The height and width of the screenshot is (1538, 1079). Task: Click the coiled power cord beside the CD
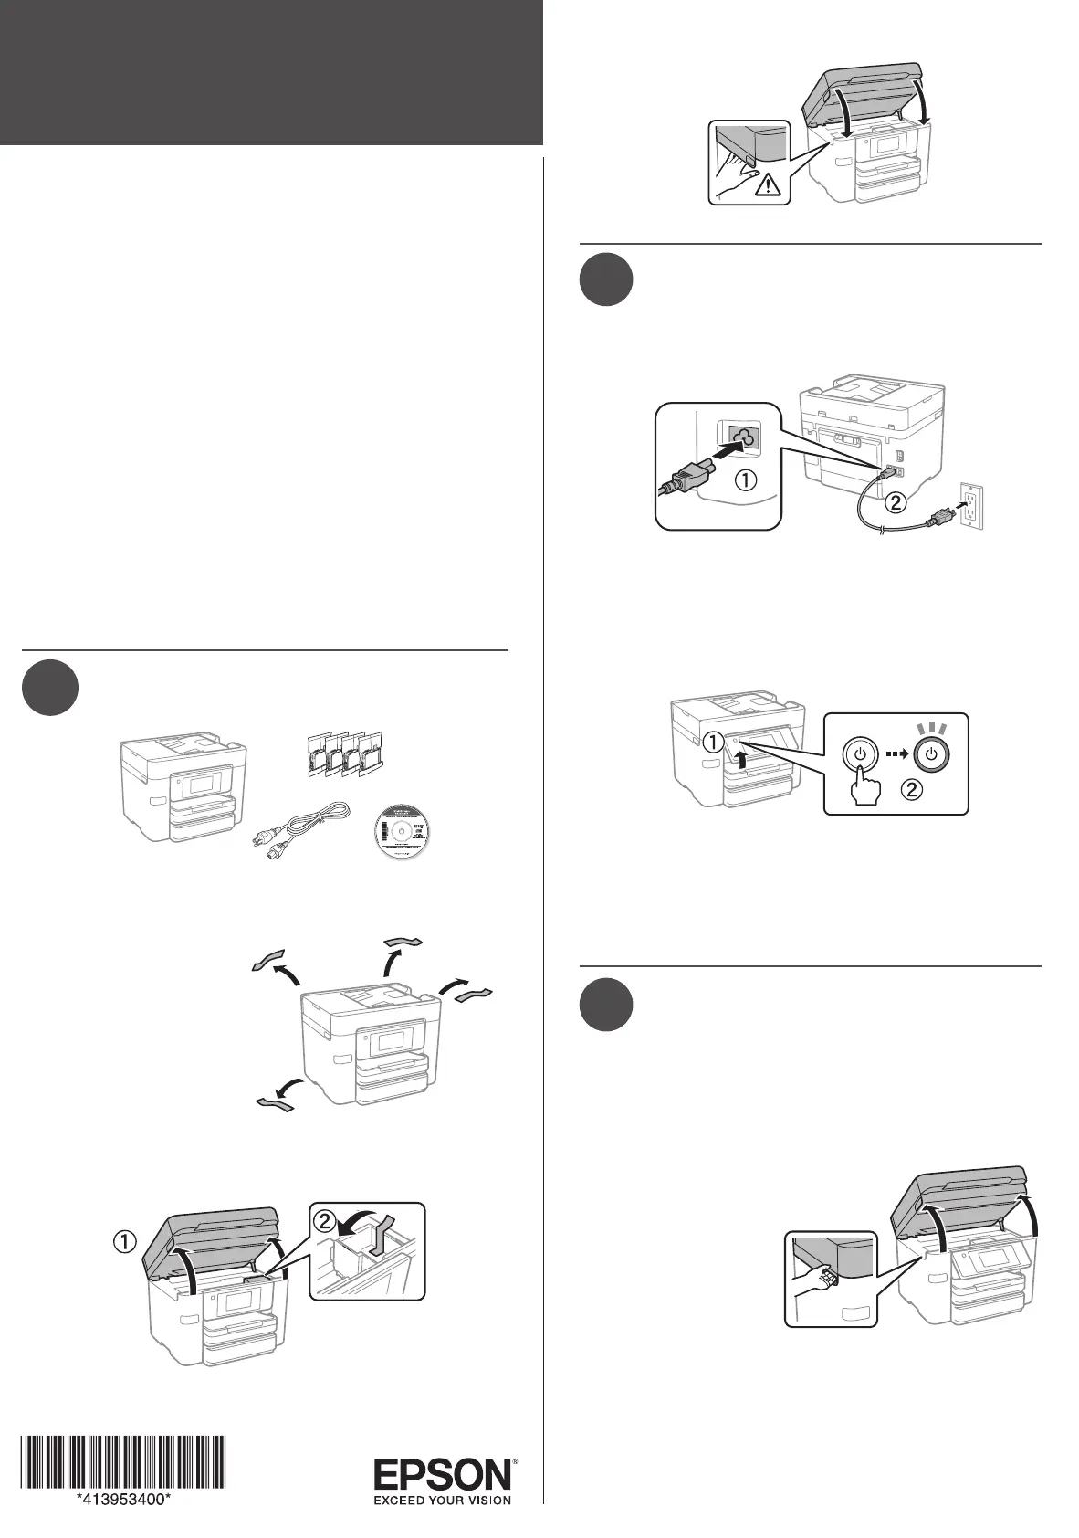(300, 827)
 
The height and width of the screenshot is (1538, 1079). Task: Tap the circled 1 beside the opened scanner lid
(124, 1241)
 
